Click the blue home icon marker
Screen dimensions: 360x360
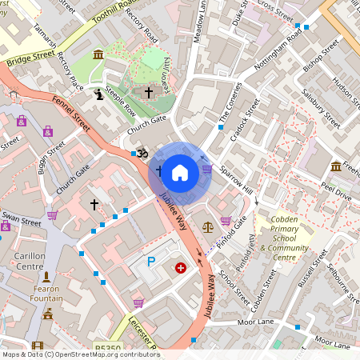180,172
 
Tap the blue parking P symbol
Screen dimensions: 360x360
150,262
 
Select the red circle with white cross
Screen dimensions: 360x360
181,269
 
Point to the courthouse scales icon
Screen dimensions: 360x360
209,227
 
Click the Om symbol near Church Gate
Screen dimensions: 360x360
144,153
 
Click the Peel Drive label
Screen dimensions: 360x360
337,194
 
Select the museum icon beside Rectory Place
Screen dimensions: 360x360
98,54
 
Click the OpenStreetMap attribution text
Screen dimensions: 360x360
80,354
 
